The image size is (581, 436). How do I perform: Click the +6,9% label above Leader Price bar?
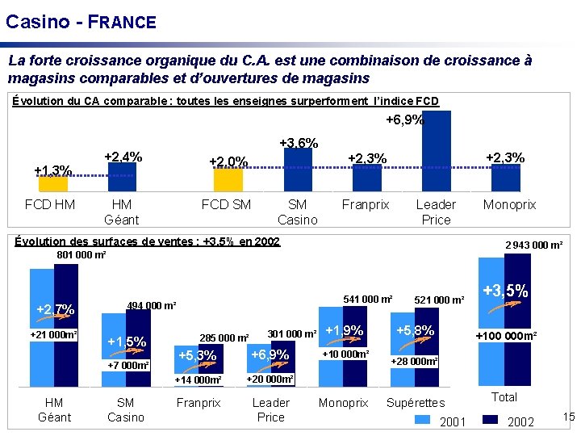[x=403, y=120]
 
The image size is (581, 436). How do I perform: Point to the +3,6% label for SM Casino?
[x=298, y=143]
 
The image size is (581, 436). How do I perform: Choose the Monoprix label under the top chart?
[x=509, y=205]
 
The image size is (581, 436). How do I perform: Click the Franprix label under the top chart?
[x=366, y=205]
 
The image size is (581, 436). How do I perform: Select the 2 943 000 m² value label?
[x=533, y=245]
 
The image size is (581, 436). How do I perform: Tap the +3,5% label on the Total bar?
[x=505, y=291]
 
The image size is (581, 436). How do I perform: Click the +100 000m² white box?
[x=506, y=336]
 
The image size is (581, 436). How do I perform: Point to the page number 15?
[x=568, y=417]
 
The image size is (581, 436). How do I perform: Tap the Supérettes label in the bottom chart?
[x=416, y=403]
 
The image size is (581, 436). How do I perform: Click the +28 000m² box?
[x=415, y=362]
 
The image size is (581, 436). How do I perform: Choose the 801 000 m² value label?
[x=81, y=255]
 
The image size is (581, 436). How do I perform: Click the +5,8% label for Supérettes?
[x=416, y=330]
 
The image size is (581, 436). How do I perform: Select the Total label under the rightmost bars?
[x=504, y=396]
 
